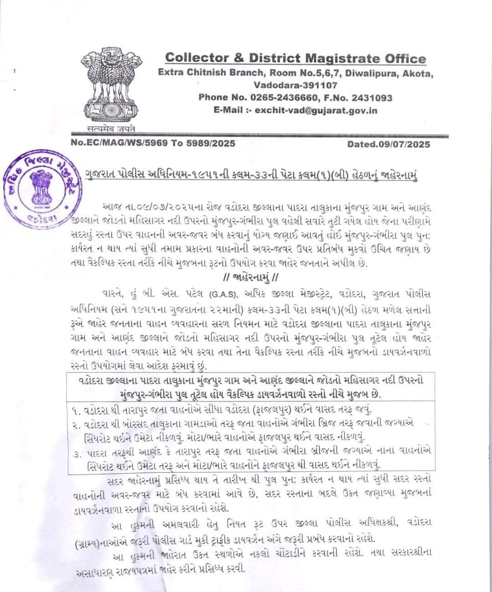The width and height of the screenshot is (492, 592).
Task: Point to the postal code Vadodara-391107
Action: [295, 85]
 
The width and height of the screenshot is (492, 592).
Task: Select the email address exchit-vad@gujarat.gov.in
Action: [316, 110]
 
